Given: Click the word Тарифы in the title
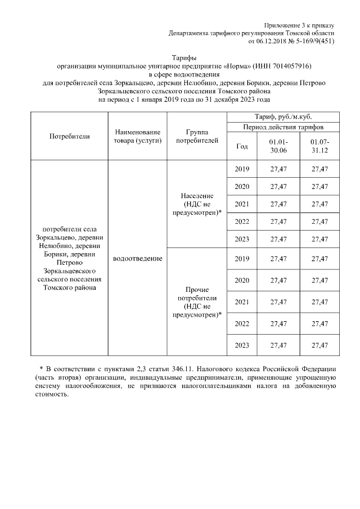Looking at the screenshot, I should coord(183,57).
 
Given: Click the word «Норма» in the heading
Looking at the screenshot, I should coord(238,66).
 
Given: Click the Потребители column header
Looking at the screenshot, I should coord(69,136).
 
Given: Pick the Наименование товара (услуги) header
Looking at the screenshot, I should coord(137,136).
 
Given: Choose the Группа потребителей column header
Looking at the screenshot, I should coord(197,136).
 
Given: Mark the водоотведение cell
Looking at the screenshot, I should coord(137,258).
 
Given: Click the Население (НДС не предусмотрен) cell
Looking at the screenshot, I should coord(197,204).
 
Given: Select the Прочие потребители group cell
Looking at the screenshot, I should coord(197,301).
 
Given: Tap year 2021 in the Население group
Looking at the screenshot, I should coord(242,204).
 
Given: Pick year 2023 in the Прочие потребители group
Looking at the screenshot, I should coord(242,345).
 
